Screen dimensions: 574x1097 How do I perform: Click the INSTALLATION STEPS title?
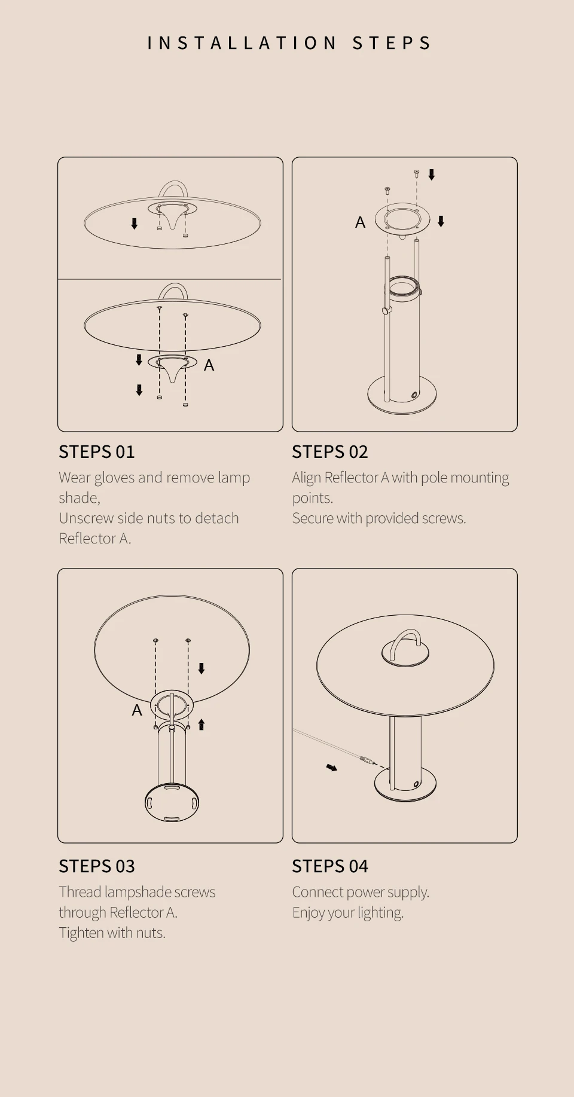[x=289, y=43]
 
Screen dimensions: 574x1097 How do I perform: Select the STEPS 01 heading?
[x=97, y=452]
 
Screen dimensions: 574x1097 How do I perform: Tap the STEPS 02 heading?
[x=330, y=452]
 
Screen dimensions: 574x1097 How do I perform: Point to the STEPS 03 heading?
[x=97, y=866]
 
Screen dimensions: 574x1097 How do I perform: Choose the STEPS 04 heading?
[x=330, y=866]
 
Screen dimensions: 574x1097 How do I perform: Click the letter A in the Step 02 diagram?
[x=360, y=222]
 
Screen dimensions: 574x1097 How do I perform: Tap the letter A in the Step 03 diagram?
[x=137, y=710]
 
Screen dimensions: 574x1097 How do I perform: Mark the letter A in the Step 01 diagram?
[x=209, y=365]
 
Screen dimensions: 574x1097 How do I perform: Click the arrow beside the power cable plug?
[x=332, y=767]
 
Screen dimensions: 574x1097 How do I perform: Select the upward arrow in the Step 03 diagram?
[x=201, y=725]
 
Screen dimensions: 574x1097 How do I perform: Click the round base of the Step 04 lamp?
[x=405, y=784]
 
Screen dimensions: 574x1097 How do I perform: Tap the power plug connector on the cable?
[x=366, y=760]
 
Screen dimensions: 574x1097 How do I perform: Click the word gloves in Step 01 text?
[x=113, y=478]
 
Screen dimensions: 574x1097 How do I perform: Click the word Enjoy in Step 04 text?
[x=308, y=913]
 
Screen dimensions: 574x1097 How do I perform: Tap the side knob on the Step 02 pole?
[x=386, y=310]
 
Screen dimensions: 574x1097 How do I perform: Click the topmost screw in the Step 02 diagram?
[x=416, y=173]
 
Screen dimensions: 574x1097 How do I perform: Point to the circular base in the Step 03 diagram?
[x=172, y=803]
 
